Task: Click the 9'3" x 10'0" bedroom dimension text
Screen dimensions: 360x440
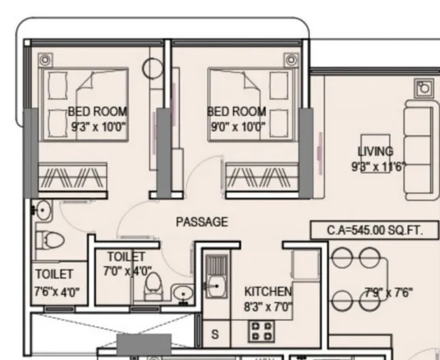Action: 99,126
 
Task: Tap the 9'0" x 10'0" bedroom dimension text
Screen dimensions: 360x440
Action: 238,126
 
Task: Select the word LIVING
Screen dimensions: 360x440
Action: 375,151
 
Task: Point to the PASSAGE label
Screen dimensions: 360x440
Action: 202,222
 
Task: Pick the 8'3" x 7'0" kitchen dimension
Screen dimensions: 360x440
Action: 268,307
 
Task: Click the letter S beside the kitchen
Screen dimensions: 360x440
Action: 215,334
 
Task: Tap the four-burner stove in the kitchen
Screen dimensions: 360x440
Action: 263,331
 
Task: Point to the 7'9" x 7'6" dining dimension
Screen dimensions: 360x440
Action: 388,293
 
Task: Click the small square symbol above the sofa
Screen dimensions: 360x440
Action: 424,88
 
